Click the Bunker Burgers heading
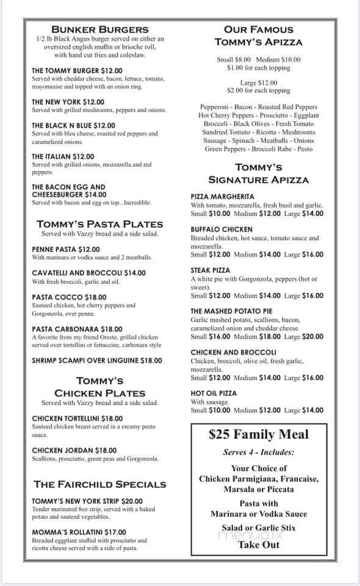(x=100, y=29)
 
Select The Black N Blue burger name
(x=73, y=125)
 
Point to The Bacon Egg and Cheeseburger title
(x=68, y=190)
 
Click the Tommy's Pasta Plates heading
(x=99, y=223)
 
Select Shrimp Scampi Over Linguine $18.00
(x=96, y=360)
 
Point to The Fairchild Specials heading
(x=100, y=484)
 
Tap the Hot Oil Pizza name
(x=214, y=394)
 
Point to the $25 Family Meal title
(x=267, y=435)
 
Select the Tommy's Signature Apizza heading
(x=259, y=173)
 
